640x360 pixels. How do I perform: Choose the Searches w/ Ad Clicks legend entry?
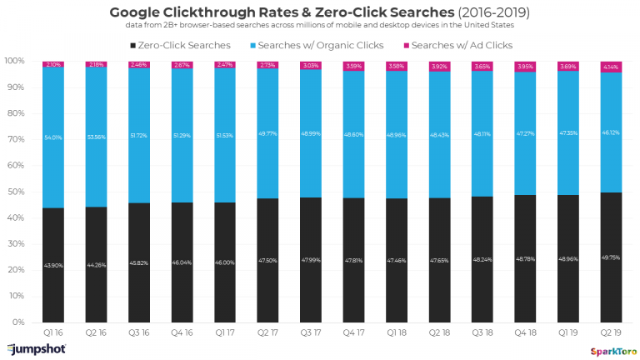click(462, 44)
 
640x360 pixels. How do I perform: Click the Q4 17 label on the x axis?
click(354, 332)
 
